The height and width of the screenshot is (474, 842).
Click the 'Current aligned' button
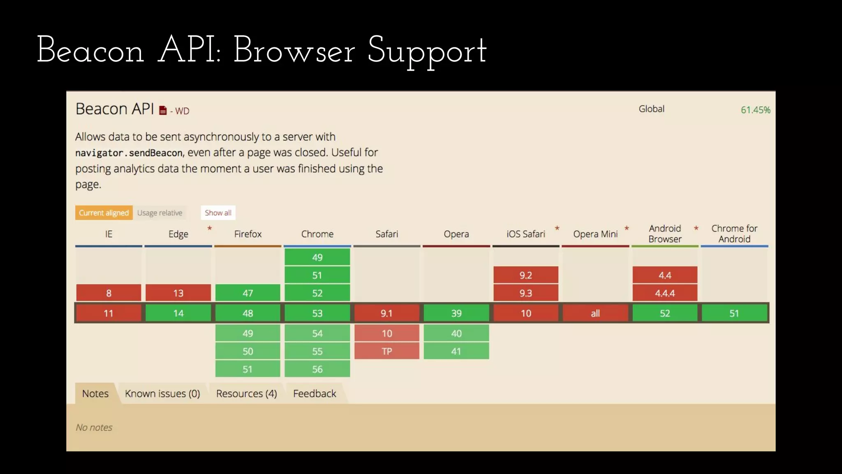click(x=104, y=213)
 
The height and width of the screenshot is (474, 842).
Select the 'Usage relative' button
click(x=160, y=213)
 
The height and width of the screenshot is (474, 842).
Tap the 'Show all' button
click(x=218, y=213)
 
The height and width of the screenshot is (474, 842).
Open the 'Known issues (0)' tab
click(x=162, y=394)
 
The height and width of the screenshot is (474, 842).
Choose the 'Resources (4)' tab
click(x=246, y=394)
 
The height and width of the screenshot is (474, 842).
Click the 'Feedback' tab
click(x=315, y=394)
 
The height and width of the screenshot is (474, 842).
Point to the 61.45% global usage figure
click(x=755, y=110)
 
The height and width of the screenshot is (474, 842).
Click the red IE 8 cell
click(x=109, y=293)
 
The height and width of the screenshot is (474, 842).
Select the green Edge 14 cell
click(x=178, y=313)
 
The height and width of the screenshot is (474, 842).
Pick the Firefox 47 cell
click(x=248, y=293)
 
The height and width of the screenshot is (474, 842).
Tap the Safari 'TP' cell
click(x=386, y=351)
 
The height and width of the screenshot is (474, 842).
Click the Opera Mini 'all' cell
click(x=595, y=313)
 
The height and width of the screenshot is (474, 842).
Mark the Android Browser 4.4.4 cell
click(x=664, y=293)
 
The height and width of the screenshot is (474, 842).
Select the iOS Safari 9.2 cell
click(x=525, y=275)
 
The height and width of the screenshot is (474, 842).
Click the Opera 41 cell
click(x=456, y=351)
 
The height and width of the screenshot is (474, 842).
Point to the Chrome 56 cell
click(x=317, y=369)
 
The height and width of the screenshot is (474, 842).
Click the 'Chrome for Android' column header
click(x=734, y=234)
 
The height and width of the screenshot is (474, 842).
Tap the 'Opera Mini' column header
click(x=595, y=234)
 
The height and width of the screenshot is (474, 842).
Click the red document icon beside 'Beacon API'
click(x=163, y=110)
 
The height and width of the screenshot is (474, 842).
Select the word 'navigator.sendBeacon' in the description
click(x=129, y=153)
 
